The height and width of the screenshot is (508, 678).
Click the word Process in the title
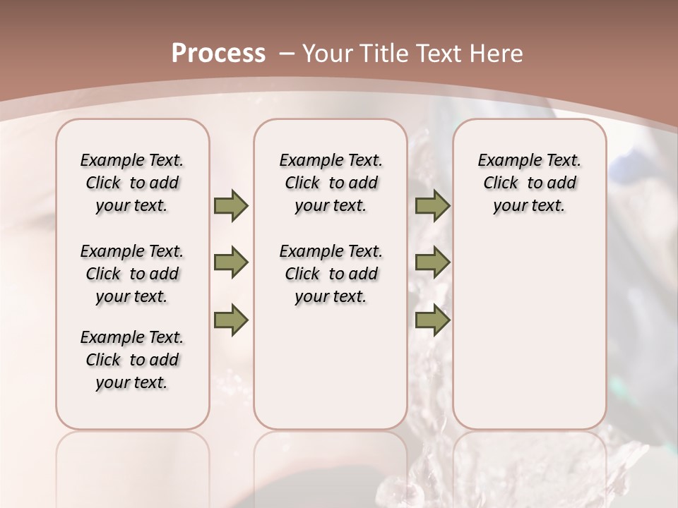[x=218, y=53]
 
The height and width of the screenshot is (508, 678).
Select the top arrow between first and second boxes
[x=231, y=206]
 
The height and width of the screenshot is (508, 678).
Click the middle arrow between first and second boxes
[x=231, y=263]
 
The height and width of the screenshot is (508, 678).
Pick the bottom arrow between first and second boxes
[x=231, y=320]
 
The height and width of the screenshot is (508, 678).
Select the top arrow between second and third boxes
[x=432, y=206]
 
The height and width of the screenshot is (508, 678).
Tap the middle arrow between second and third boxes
[x=432, y=263]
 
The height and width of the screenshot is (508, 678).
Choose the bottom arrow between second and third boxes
[x=432, y=320]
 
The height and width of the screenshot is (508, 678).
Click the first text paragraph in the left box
[x=132, y=183]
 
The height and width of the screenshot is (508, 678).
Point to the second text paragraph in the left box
[x=132, y=274]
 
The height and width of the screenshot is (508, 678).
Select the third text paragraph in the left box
[x=132, y=360]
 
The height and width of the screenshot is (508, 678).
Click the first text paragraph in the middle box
[x=331, y=183]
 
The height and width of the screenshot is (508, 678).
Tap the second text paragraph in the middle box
[x=331, y=274]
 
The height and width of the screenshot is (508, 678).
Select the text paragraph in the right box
[x=529, y=183]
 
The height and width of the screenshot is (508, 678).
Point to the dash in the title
[x=287, y=54]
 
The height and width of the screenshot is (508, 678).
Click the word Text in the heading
[x=437, y=53]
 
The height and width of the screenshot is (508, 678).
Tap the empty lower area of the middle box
[x=331, y=374]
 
